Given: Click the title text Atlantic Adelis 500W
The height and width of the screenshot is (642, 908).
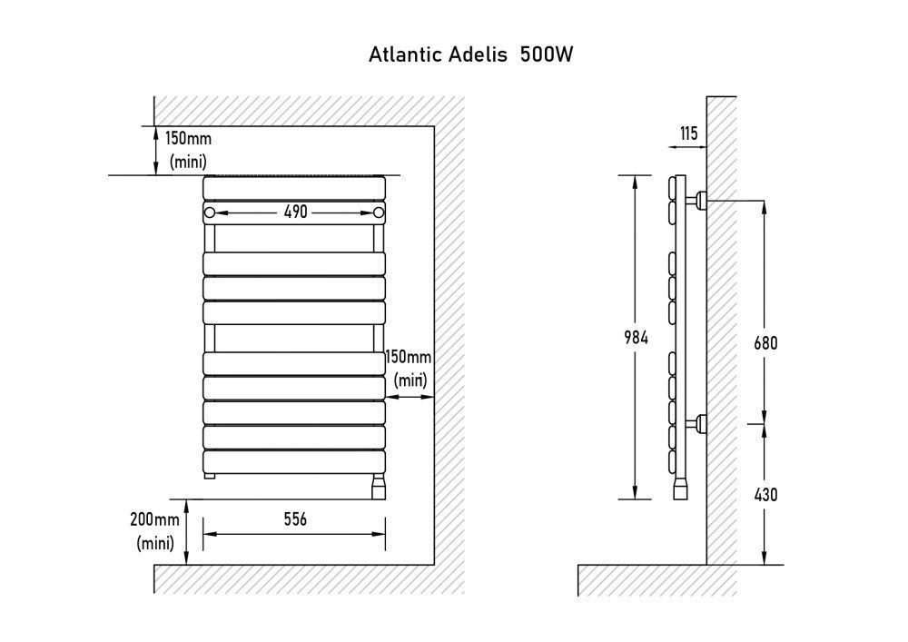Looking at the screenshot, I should [x=470, y=54].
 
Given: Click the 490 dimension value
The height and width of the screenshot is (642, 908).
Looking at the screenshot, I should [x=296, y=212].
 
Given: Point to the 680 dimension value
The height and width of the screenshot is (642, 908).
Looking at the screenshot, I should [x=765, y=343].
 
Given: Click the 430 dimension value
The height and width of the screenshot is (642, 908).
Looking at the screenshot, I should [x=765, y=495].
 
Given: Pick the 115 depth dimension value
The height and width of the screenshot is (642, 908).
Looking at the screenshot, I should [x=688, y=134].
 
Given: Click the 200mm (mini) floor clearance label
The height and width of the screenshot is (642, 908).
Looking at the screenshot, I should [x=155, y=531].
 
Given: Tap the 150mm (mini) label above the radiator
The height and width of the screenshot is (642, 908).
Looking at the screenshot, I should [x=188, y=150].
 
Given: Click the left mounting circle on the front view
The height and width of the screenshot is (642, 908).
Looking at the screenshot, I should [x=210, y=212].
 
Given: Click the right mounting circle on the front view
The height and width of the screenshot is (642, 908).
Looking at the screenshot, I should [x=379, y=212].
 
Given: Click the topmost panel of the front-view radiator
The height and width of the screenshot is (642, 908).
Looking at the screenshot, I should [x=294, y=188].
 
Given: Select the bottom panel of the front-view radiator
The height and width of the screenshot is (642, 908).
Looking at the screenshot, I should [x=294, y=461].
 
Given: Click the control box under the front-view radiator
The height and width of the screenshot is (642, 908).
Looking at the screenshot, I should [x=378, y=488].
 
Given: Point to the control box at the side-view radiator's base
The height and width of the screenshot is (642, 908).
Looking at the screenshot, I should [x=680, y=490].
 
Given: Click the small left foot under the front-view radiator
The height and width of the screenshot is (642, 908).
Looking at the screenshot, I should [x=209, y=476].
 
